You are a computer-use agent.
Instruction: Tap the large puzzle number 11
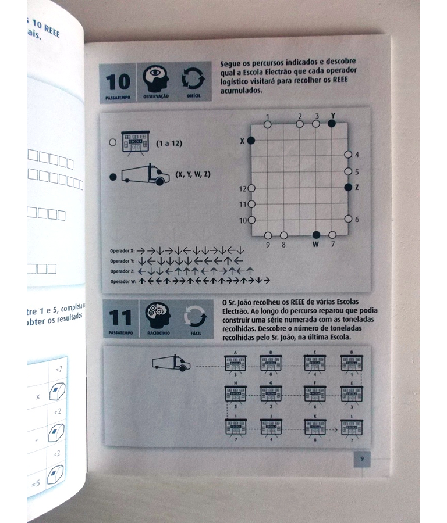(119, 318)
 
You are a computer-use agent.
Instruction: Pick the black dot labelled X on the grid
(251, 141)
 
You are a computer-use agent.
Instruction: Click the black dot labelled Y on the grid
(332, 123)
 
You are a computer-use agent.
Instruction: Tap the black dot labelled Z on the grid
(348, 187)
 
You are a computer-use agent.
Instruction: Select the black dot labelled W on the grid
(316, 235)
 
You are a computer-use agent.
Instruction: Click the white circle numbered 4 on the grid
(348, 155)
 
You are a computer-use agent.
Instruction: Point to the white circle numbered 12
(252, 188)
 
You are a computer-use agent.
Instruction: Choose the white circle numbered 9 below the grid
(268, 235)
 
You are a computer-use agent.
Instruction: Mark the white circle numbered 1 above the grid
(267, 124)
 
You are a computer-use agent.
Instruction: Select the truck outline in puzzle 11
(171, 364)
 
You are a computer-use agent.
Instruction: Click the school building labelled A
(236, 363)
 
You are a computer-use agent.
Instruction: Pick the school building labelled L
(352, 427)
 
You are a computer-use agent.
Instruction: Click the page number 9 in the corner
(361, 458)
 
